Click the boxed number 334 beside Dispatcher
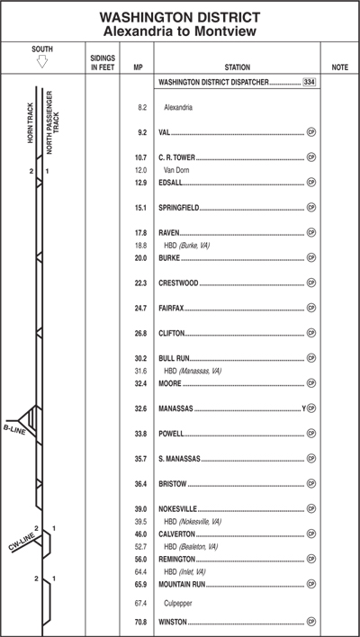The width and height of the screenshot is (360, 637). coord(309,82)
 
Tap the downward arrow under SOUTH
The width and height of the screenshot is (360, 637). coord(42,61)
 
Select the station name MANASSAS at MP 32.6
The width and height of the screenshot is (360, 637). coord(175,408)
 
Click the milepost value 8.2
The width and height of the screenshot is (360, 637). coord(142,108)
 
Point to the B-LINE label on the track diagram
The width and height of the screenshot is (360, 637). coord(14,429)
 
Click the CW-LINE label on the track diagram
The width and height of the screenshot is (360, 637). coord(22,541)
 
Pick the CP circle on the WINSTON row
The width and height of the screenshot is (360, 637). coord(311,622)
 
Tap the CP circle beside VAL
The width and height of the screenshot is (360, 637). coord(311,132)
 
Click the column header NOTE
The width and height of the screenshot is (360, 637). coord(339,67)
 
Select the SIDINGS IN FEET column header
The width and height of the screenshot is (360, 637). coord(103,63)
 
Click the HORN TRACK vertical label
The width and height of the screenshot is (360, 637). coord(31,122)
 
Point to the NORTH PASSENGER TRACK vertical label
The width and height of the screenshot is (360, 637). coord(53,122)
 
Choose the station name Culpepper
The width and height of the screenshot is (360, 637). coord(178,604)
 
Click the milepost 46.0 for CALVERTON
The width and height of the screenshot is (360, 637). coord(140,534)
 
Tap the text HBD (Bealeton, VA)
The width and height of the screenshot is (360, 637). coord(191,547)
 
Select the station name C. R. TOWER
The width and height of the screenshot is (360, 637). coord(176,157)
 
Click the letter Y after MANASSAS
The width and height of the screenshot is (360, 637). coord(303,408)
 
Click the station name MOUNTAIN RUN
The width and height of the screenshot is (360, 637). coord(182,584)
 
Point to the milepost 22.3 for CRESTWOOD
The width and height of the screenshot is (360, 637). coord(140,283)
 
